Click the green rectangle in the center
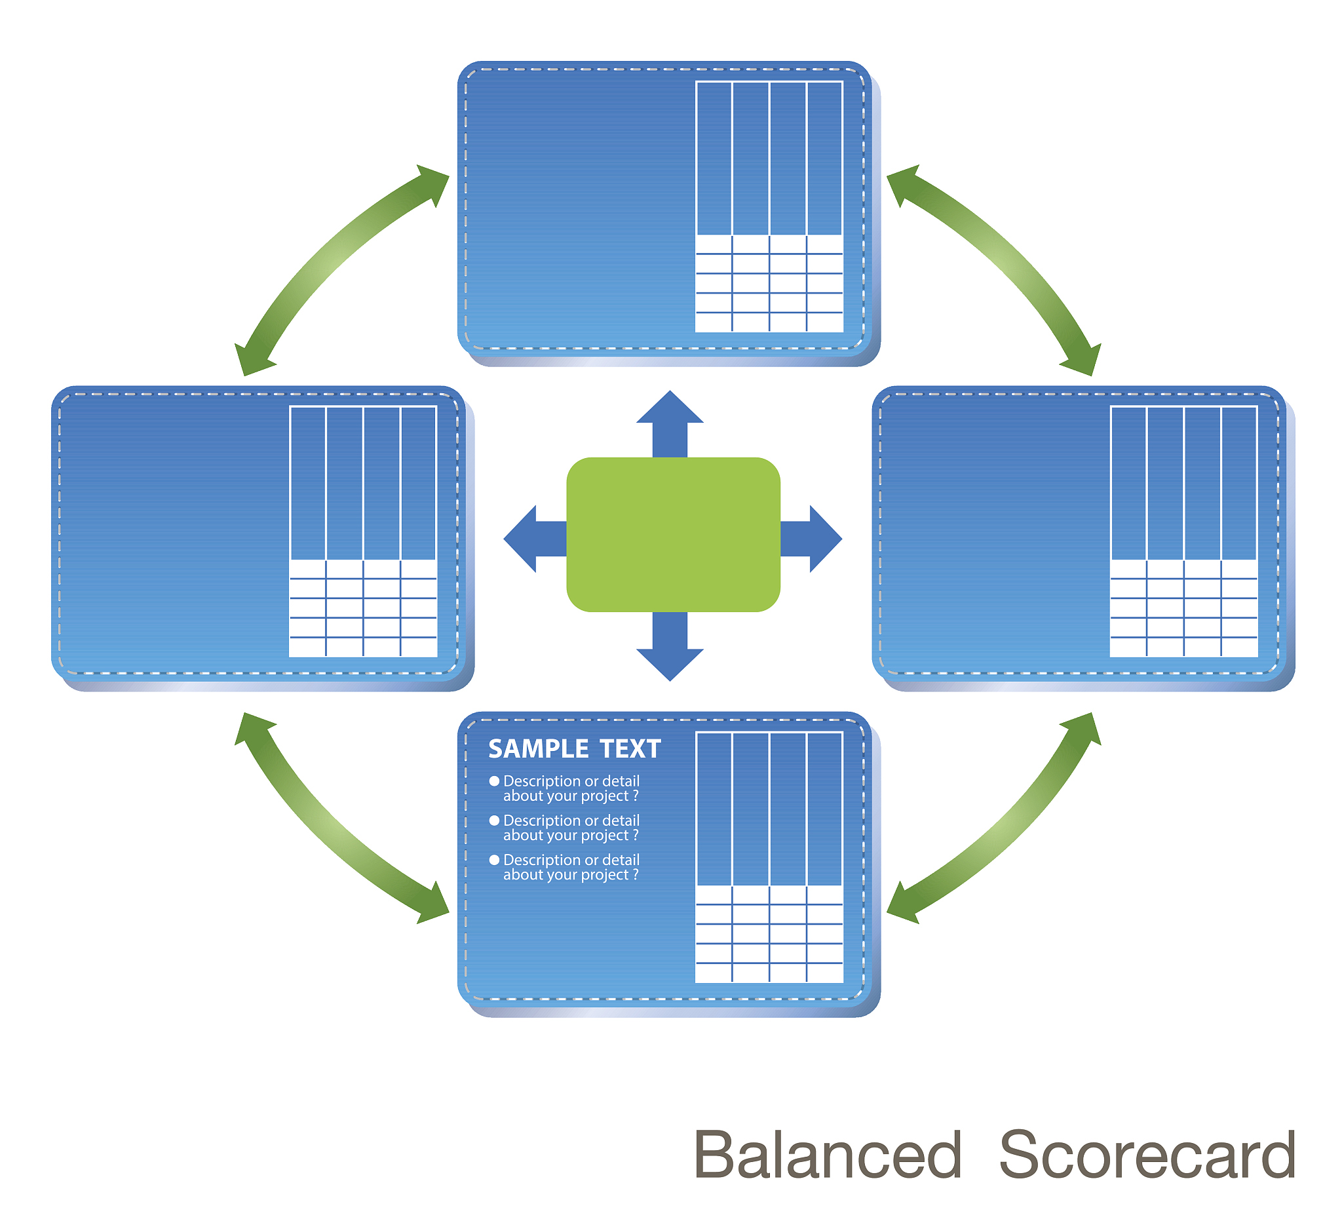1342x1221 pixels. tap(673, 535)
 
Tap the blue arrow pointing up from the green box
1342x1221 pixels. tap(670, 424)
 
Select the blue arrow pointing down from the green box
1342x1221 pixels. tap(670, 646)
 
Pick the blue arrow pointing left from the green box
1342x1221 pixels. tap(535, 539)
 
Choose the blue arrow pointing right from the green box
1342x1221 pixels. tap(811, 539)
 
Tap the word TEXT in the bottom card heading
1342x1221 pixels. tap(630, 749)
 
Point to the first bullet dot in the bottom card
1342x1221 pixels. tap(494, 781)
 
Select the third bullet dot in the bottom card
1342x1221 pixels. tap(494, 859)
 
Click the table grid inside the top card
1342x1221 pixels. tap(769, 206)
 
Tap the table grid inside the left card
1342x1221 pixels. tap(363, 532)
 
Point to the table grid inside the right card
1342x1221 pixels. tap(1183, 532)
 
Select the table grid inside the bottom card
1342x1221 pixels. tap(769, 857)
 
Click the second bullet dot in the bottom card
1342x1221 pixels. tap(494, 820)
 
